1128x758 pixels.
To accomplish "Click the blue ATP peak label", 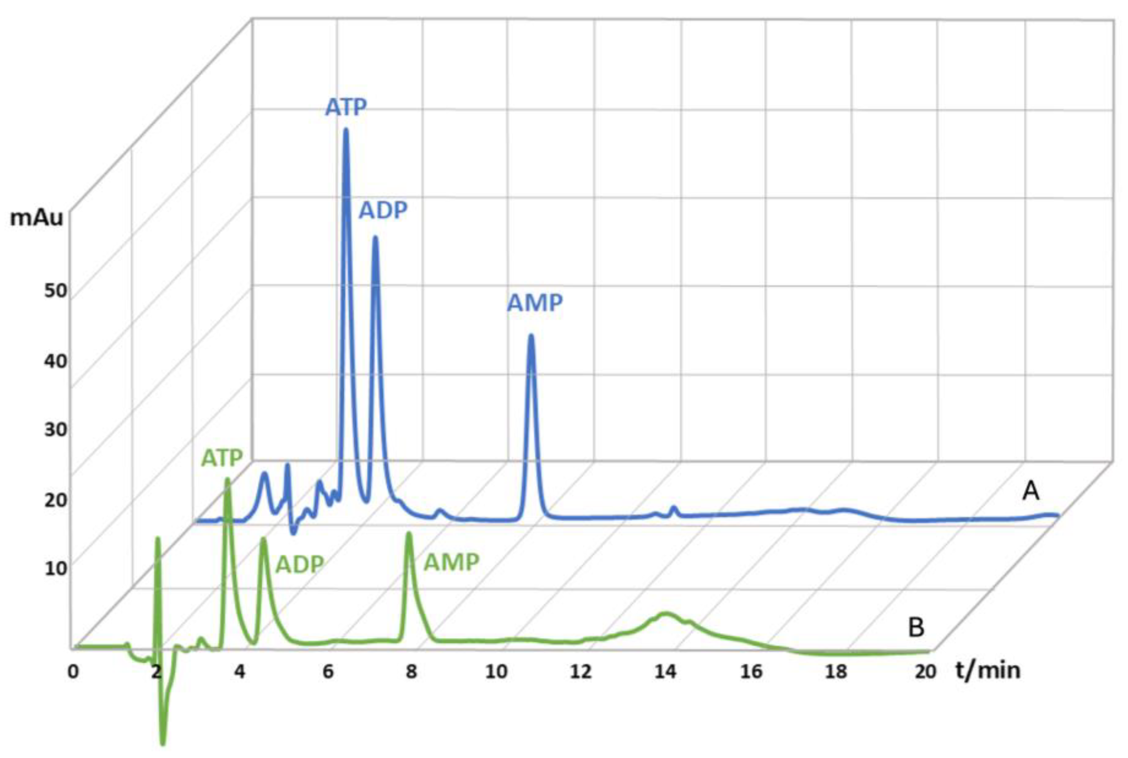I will (x=346, y=107).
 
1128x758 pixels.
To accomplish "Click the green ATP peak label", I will (x=222, y=458).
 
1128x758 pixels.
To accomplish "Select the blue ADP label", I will (x=383, y=210).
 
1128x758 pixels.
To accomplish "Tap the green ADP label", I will (x=299, y=564).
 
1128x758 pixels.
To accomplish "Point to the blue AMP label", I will (x=535, y=303).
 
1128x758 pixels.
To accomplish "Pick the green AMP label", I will (x=451, y=562).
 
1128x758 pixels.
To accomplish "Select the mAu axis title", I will (x=37, y=218).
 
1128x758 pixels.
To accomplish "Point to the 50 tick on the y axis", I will (x=54, y=291).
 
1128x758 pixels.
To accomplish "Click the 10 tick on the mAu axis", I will (x=55, y=567).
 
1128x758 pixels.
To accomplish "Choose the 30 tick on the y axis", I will (x=55, y=429).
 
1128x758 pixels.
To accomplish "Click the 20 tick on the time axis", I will (x=925, y=671).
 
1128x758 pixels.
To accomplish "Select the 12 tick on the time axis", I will (x=580, y=671).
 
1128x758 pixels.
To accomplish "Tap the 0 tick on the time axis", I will (x=73, y=671).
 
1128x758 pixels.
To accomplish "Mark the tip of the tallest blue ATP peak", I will (x=346, y=129).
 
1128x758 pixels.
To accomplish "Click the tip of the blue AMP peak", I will (x=531, y=336).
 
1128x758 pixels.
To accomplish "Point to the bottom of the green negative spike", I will (x=163, y=743).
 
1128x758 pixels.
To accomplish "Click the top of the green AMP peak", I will (x=409, y=533).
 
